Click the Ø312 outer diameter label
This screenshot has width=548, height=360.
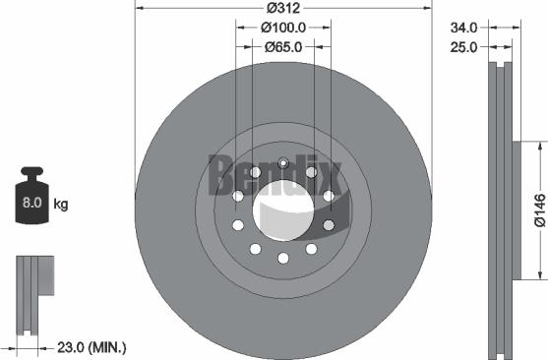pos(282,8)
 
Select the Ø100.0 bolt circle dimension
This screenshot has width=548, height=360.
pos(282,28)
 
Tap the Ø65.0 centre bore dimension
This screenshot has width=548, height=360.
pos(282,45)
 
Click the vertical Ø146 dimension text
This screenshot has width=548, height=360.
pos(538,210)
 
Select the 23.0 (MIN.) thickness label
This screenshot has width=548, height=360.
pos(87,347)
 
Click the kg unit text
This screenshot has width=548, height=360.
pos(61,205)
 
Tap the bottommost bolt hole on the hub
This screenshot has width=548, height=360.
pos(282,258)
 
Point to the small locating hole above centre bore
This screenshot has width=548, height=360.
pos(282,163)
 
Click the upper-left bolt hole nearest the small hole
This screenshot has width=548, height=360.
pos(255,172)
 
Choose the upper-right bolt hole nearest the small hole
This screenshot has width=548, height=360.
pos(311,172)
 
